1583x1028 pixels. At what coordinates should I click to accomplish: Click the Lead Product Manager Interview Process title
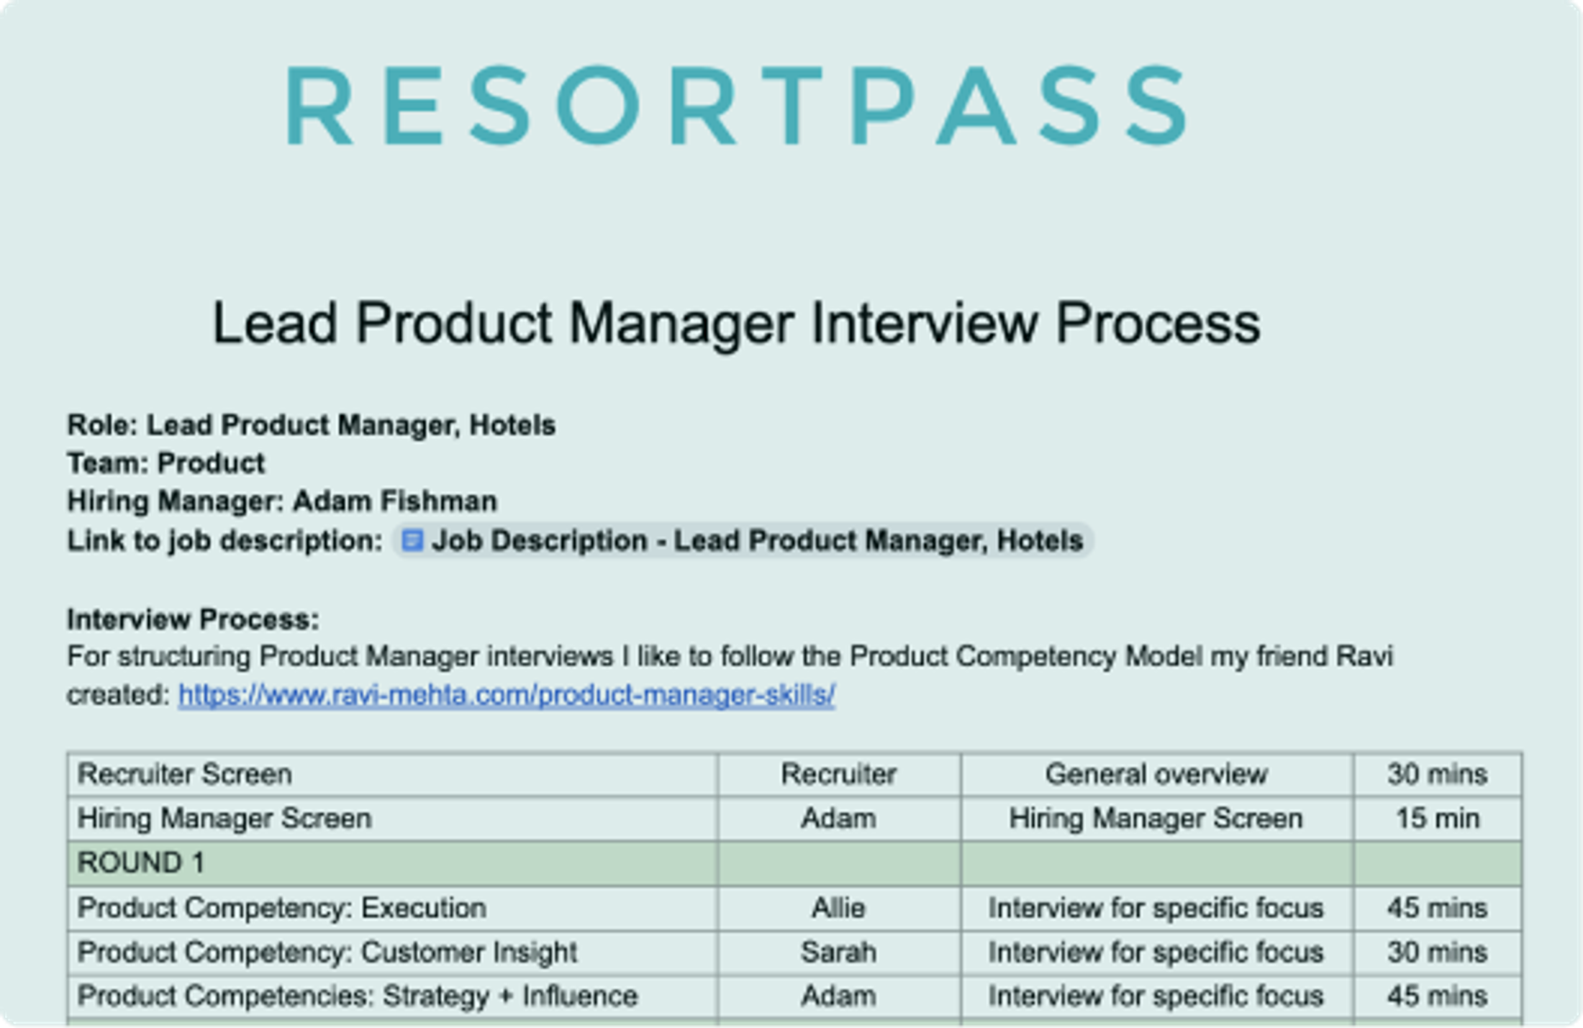coord(735,324)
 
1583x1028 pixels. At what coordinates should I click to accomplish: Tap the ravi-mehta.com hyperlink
coord(507,695)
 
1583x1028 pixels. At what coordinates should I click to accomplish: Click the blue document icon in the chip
coord(412,540)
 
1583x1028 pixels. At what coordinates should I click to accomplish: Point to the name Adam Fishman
coord(394,501)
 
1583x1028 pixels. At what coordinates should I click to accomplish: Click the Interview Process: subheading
coord(193,619)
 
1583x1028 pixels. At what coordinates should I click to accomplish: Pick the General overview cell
coord(1156,775)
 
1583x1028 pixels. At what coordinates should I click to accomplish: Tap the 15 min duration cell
coord(1437,819)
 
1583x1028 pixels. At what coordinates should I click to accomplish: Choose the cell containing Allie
coord(838,908)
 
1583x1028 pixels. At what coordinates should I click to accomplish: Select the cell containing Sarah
coord(838,952)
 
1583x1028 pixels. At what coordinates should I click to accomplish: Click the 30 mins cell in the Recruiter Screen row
coord(1437,775)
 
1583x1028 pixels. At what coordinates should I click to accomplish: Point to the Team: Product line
coord(166,463)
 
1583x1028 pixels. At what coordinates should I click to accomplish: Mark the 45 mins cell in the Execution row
coord(1437,908)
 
